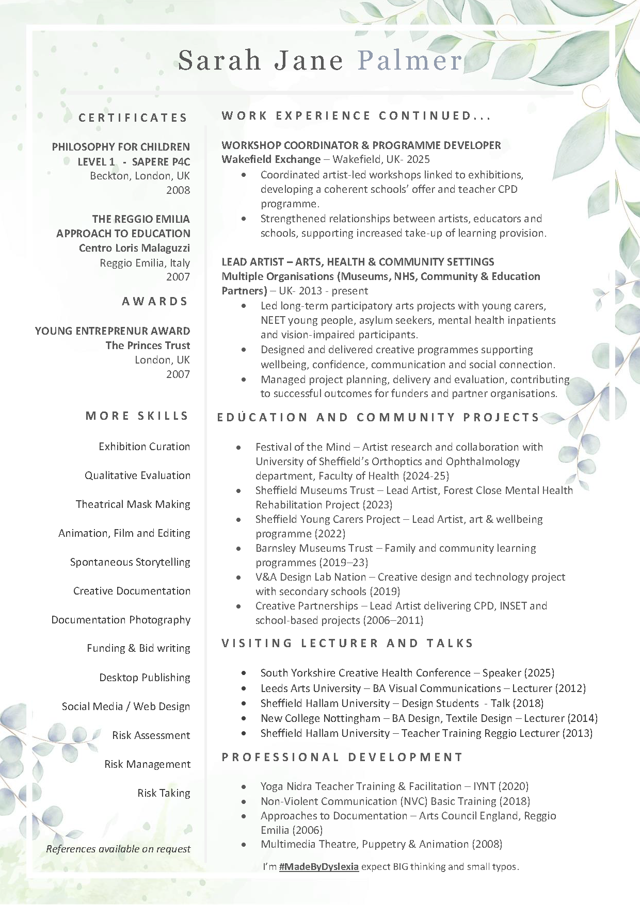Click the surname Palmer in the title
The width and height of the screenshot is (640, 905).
pyautogui.click(x=410, y=60)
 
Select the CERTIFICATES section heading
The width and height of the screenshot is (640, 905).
pyautogui.click(x=133, y=118)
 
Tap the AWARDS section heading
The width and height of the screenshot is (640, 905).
pyautogui.click(x=155, y=302)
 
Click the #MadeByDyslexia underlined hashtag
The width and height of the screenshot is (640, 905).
pyautogui.click(x=318, y=866)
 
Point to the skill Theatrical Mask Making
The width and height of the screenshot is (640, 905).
pyautogui.click(x=133, y=504)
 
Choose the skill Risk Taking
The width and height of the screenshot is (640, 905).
pyautogui.click(x=164, y=793)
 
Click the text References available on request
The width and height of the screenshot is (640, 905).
pyautogui.click(x=118, y=849)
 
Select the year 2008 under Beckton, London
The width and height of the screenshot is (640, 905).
pyautogui.click(x=178, y=190)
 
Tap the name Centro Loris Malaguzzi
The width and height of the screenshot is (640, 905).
pyautogui.click(x=134, y=248)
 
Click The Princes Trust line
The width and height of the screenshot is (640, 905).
pyautogui.click(x=148, y=345)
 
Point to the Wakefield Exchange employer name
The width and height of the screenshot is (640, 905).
pyautogui.click(x=271, y=159)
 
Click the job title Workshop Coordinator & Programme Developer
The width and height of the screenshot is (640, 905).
pyautogui.click(x=361, y=145)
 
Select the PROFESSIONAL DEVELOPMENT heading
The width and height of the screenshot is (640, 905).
pyautogui.click(x=342, y=758)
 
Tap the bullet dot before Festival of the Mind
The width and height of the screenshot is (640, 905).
pyautogui.click(x=238, y=448)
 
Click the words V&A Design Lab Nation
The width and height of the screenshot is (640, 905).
pyautogui.click(x=311, y=577)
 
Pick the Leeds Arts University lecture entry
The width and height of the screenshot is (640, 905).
pyautogui.click(x=423, y=688)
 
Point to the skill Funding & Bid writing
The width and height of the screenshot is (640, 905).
pyautogui.click(x=138, y=648)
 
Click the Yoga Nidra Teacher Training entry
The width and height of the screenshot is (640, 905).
pyautogui.click(x=394, y=786)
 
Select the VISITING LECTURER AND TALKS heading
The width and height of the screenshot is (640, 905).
pyautogui.click(x=347, y=644)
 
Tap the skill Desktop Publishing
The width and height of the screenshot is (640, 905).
pyautogui.click(x=145, y=678)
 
